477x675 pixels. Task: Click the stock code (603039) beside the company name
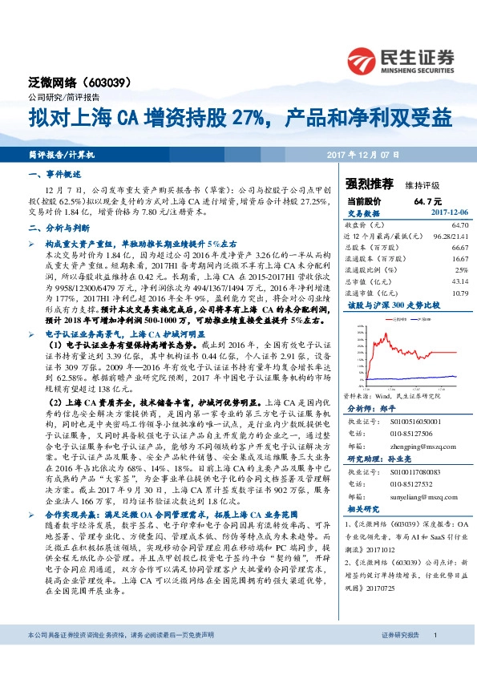[x=105, y=83]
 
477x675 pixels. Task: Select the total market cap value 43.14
[x=459, y=281]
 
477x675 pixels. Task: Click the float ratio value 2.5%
[x=460, y=270]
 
